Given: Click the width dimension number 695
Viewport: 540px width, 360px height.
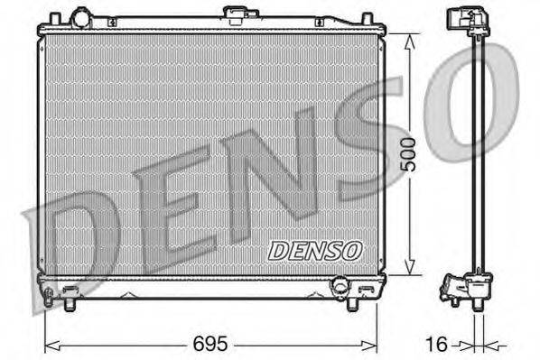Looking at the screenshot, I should click(210, 344).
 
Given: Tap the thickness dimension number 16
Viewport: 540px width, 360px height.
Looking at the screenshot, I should click(435, 344).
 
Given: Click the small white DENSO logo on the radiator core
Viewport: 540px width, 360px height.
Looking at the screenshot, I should click(315, 248).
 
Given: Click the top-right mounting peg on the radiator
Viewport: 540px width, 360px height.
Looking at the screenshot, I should click(366, 18).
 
